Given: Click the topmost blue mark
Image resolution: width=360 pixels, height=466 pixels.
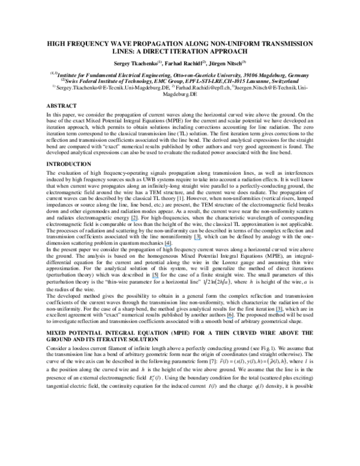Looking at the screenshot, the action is point(134,221).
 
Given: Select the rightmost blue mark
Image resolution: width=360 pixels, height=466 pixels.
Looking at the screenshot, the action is point(279,312).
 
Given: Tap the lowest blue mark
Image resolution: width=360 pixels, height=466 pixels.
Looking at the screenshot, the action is point(230,318).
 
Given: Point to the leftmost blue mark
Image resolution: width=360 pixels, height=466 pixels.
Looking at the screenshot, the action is point(134,221).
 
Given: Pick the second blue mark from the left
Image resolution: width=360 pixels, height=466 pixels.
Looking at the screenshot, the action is point(155,278).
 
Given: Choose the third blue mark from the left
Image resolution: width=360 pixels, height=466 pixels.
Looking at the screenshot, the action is point(168,246).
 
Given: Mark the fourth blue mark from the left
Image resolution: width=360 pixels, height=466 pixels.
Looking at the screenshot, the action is point(197,240).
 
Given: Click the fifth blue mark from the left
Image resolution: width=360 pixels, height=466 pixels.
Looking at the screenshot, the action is point(230,318).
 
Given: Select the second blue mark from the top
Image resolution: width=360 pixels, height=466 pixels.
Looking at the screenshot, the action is point(197,240).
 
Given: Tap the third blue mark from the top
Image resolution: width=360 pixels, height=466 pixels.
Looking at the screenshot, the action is point(168,246).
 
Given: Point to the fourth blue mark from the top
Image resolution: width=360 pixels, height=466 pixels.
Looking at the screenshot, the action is point(155,278).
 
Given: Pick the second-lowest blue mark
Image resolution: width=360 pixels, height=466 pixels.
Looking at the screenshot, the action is point(279,312).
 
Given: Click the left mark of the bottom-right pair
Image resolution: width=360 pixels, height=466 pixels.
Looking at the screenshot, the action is point(230,318).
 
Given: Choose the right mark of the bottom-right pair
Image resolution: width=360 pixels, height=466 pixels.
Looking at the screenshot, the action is point(279,312).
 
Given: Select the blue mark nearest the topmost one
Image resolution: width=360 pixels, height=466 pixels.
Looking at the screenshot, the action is point(168,246).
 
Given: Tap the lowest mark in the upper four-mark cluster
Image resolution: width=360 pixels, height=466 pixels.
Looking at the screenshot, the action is point(155,278).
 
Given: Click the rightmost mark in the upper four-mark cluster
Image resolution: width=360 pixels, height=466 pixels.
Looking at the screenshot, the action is point(197,240).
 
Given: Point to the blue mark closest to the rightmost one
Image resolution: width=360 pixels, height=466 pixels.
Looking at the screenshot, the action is point(230,318).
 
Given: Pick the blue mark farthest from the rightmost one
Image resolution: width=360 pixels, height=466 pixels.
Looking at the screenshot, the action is point(134,221).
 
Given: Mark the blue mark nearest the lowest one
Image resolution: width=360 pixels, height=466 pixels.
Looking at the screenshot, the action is point(279,312).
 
